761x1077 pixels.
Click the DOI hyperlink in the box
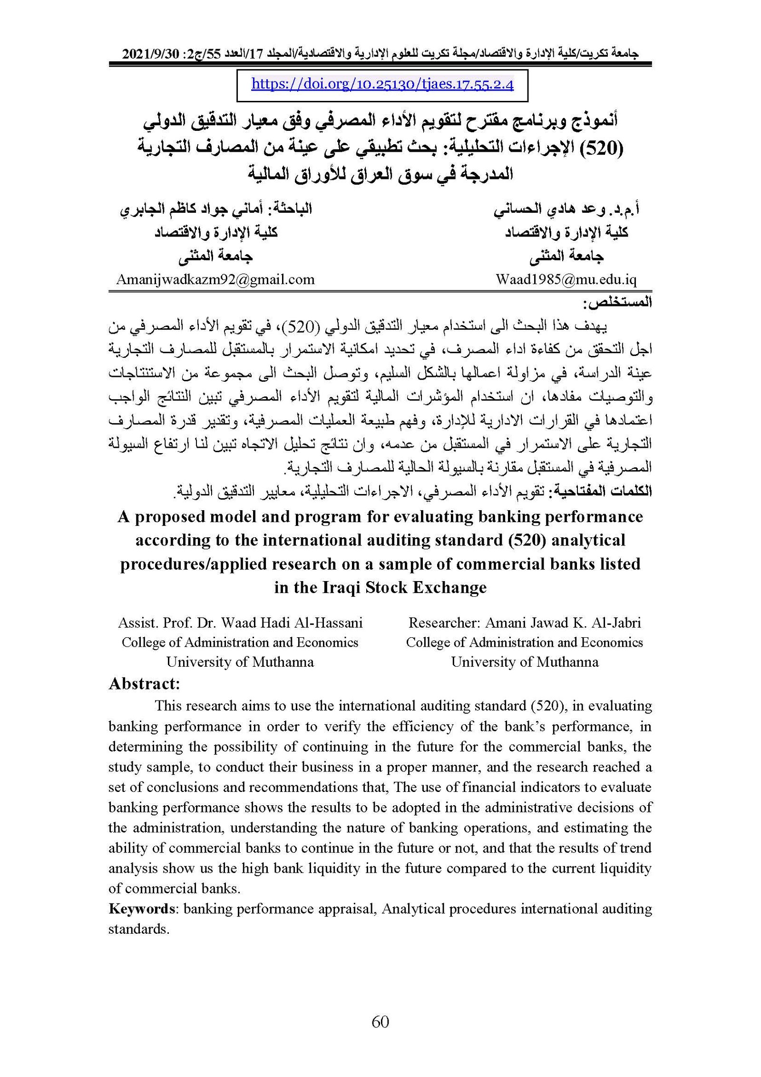pyautogui.click(x=382, y=84)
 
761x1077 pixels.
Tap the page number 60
pyautogui.click(x=380, y=1021)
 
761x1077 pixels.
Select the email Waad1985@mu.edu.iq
pyautogui.click(x=566, y=279)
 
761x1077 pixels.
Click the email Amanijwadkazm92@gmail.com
pyautogui.click(x=215, y=279)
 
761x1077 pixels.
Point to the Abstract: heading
pyautogui.click(x=144, y=683)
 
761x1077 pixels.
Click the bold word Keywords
pyautogui.click(x=142, y=909)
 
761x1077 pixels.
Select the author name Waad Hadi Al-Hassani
pyautogui.click(x=292, y=622)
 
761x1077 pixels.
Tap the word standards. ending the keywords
pyautogui.click(x=138, y=929)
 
